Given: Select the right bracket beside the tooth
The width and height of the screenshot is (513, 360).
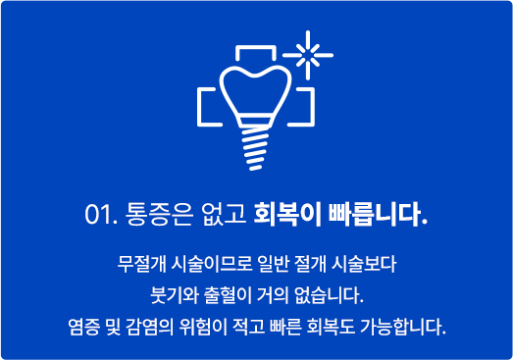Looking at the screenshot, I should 307,106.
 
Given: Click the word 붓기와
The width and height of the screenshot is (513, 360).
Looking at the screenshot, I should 164,294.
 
